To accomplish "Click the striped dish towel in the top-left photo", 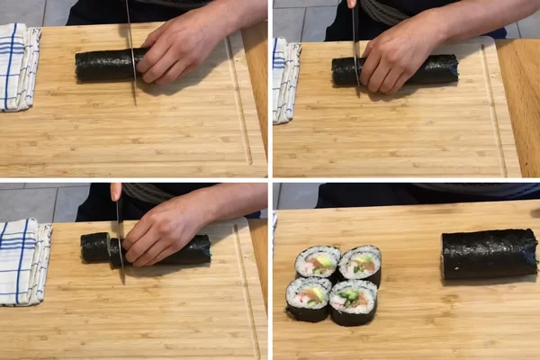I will [x=18, y=67].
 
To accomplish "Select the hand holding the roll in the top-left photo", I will [x=180, y=49].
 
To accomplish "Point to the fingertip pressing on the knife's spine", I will [x=116, y=192].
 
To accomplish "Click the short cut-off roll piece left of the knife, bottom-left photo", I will [x=94, y=247].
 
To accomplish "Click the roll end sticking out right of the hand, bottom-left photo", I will [x=196, y=249].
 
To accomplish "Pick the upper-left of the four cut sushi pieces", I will [x=318, y=262].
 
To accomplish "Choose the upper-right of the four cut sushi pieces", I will [x=360, y=264].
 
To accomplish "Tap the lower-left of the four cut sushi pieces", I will [x=308, y=298].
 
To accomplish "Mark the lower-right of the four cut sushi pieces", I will [x=353, y=301].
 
